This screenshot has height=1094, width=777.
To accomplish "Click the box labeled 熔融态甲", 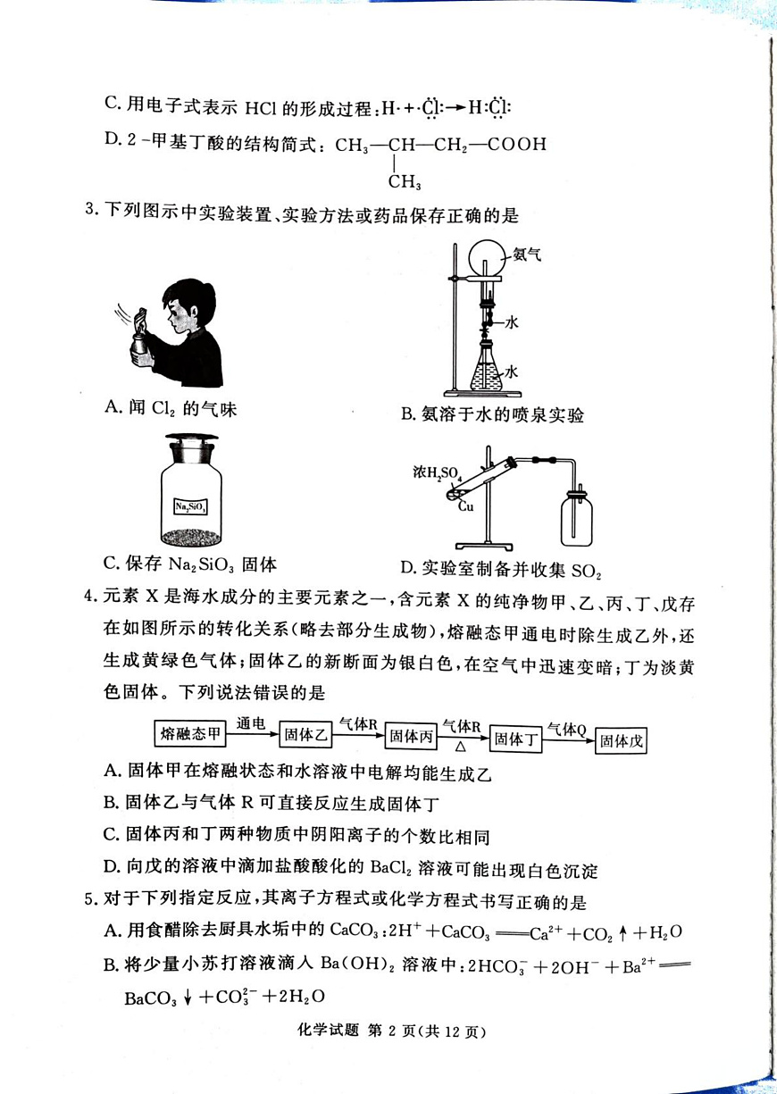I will pos(190,734).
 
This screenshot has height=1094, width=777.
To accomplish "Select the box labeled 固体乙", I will pos(306,735).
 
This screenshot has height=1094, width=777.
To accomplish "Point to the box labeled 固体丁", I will pos(516,739).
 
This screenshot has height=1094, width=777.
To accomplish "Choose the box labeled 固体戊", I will pos(622,740).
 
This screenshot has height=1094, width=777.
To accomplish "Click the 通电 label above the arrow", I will pos(251,722).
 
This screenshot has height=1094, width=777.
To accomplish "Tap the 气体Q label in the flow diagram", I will pos(566,728).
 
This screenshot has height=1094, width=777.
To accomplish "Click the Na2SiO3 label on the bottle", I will pos(190,506).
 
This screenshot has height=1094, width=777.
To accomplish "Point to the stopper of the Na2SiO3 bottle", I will pos(190,442).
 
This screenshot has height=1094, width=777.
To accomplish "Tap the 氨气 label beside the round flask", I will pos(527,255).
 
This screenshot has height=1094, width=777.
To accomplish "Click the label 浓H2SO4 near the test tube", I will pos(437,473).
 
